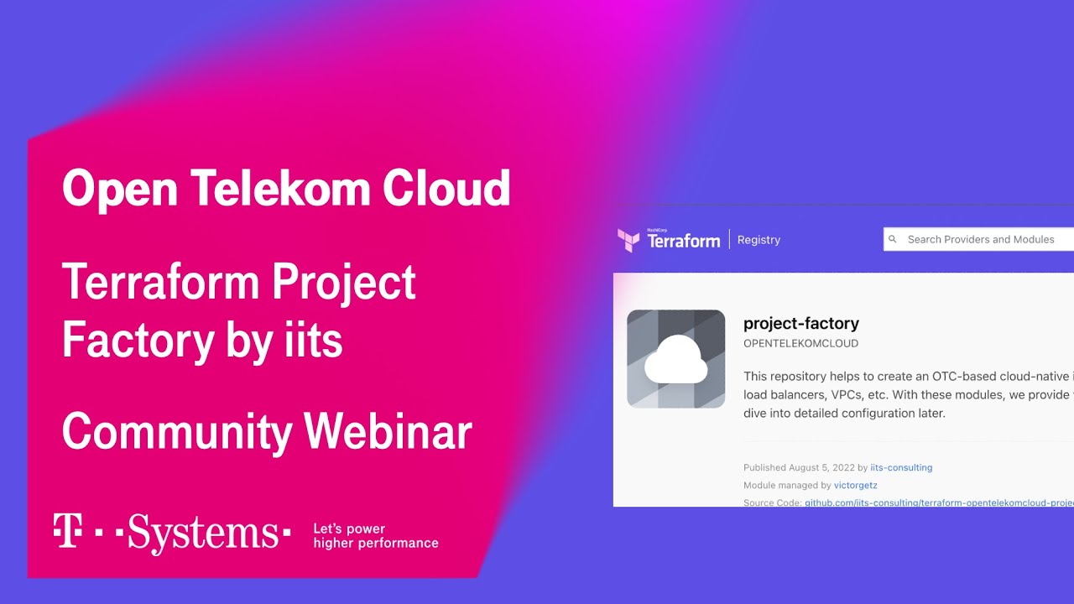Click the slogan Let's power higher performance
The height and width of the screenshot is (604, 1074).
(x=375, y=536)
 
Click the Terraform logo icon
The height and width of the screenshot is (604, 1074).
(x=628, y=241)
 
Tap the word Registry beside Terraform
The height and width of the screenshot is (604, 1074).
(x=759, y=240)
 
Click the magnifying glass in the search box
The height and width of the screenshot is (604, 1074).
(x=893, y=239)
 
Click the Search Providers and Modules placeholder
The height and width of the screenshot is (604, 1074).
(x=980, y=239)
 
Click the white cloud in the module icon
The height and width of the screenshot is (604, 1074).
(x=675, y=360)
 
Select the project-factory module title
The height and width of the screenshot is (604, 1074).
(x=800, y=323)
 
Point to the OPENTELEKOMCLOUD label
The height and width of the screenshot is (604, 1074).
(x=800, y=344)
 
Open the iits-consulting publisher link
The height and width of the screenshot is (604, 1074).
(x=901, y=467)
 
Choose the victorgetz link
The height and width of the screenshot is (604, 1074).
(x=855, y=485)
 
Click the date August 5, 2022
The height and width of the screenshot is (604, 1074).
(x=821, y=467)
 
